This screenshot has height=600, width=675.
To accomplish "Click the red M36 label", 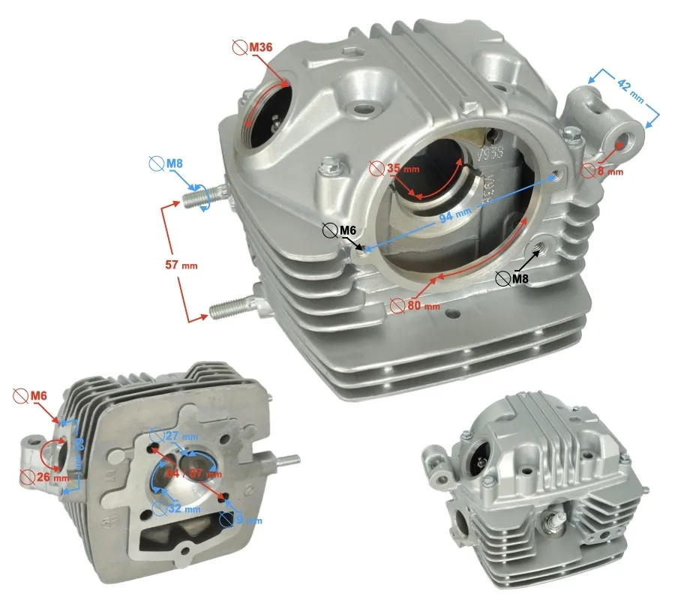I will click(259, 47).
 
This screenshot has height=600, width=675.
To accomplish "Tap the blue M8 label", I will click(175, 163).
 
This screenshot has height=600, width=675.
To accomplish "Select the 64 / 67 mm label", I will click(194, 473).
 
